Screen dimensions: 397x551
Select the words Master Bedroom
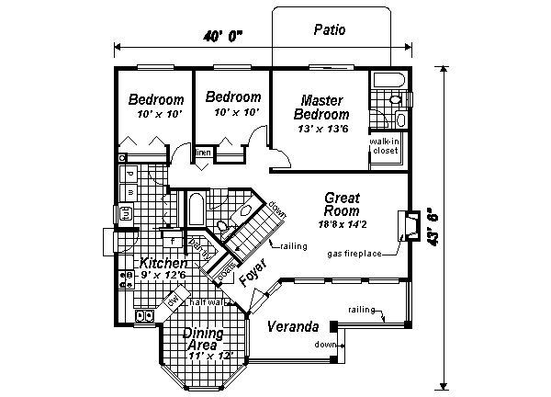coord(321,108)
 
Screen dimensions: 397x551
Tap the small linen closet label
coord(203,152)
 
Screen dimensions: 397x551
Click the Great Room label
coord(342,204)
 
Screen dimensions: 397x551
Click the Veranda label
coord(292,327)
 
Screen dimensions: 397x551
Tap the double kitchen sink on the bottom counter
coord(144,315)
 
